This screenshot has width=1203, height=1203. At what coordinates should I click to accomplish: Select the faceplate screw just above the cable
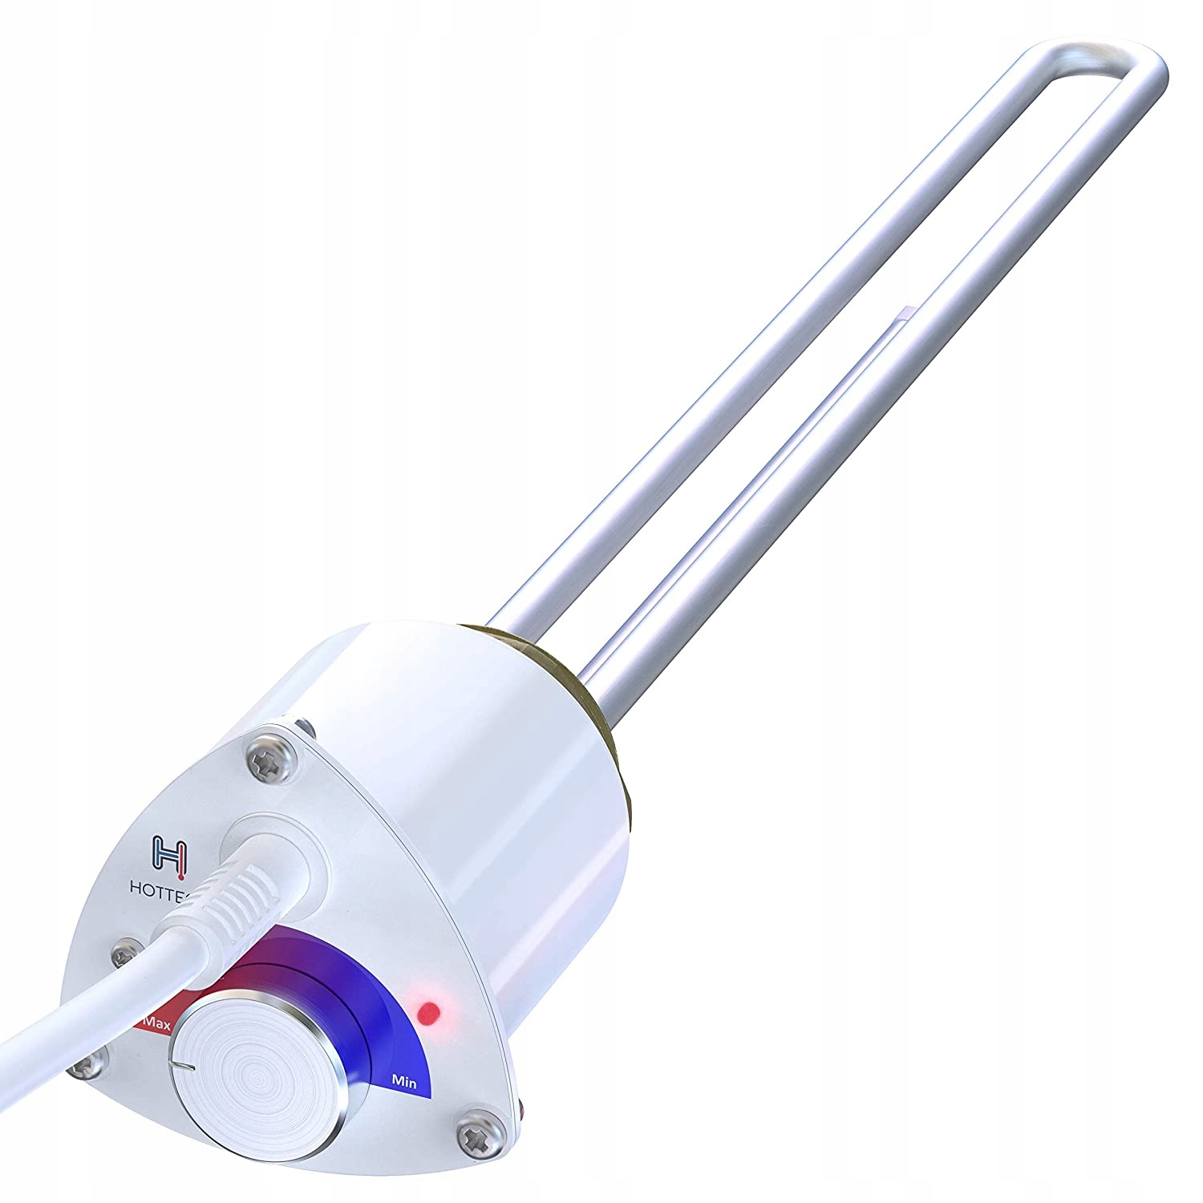(124, 954)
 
